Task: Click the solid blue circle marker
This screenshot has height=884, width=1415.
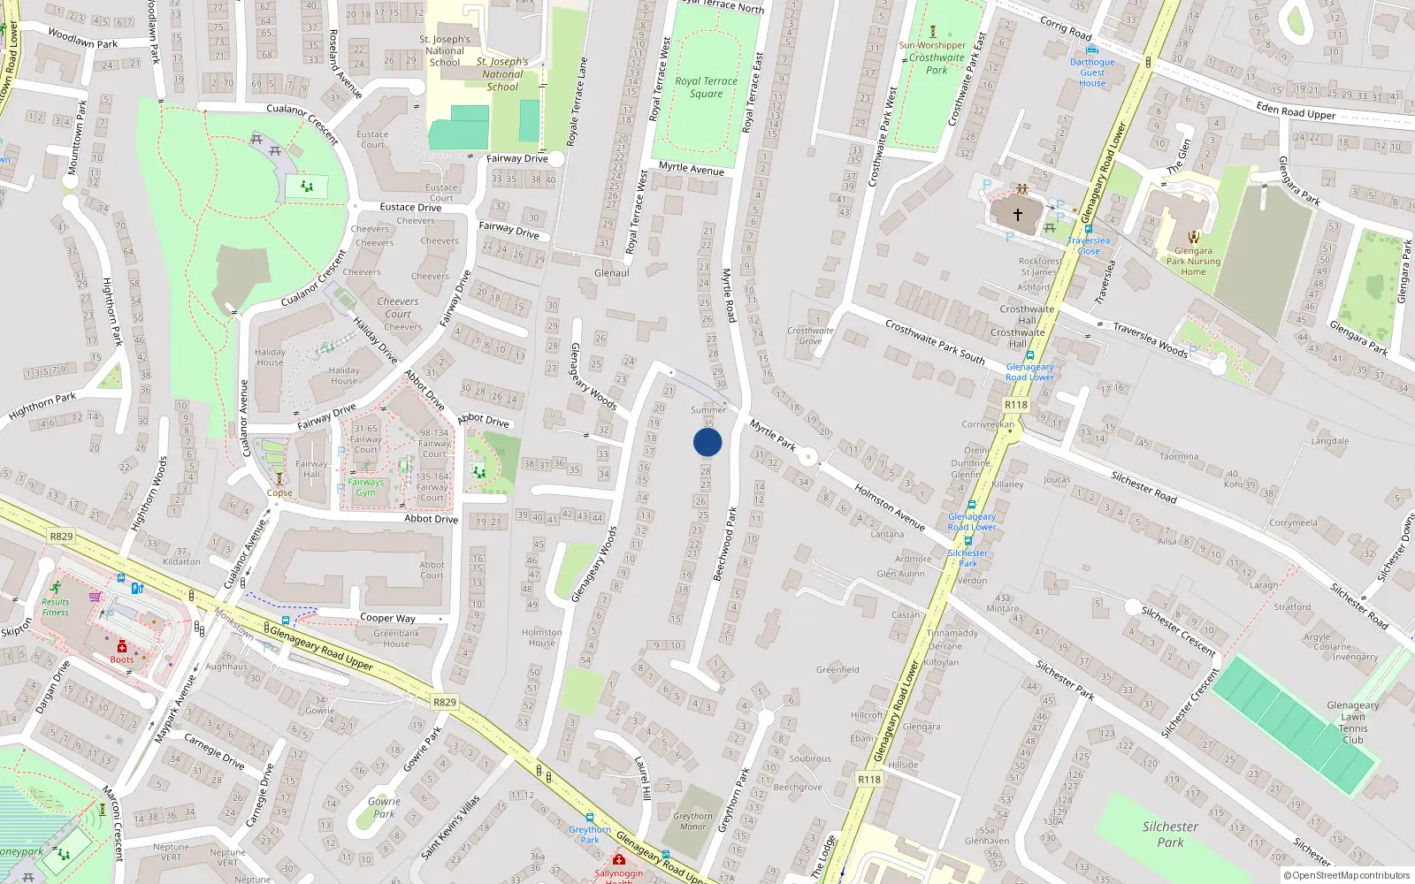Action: [707, 442]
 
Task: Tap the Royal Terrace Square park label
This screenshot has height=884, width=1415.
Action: [706, 87]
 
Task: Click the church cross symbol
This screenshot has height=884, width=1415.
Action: [1017, 214]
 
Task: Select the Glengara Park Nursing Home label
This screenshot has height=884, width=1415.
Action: [1193, 261]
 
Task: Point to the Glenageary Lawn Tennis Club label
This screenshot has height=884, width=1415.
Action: [1352, 722]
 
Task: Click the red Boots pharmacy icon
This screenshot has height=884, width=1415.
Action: [122, 647]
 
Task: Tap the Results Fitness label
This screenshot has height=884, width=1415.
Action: [55, 606]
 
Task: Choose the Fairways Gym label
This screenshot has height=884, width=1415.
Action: [365, 487]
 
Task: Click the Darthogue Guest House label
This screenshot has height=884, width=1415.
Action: [1092, 72]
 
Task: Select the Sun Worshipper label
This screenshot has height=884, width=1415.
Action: [932, 45]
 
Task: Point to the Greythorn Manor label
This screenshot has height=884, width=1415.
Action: [692, 821]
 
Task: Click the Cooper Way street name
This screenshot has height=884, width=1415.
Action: [387, 618]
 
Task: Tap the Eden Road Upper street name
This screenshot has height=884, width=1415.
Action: [1296, 110]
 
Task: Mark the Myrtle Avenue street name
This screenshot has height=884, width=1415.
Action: [691, 168]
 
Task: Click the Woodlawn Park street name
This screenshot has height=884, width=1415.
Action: [82, 38]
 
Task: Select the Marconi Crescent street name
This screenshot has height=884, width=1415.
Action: [113, 822]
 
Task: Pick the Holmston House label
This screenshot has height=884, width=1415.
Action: [541, 637]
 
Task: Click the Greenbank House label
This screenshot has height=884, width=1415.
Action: [396, 638]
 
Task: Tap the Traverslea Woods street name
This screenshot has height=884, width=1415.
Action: [1150, 339]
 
